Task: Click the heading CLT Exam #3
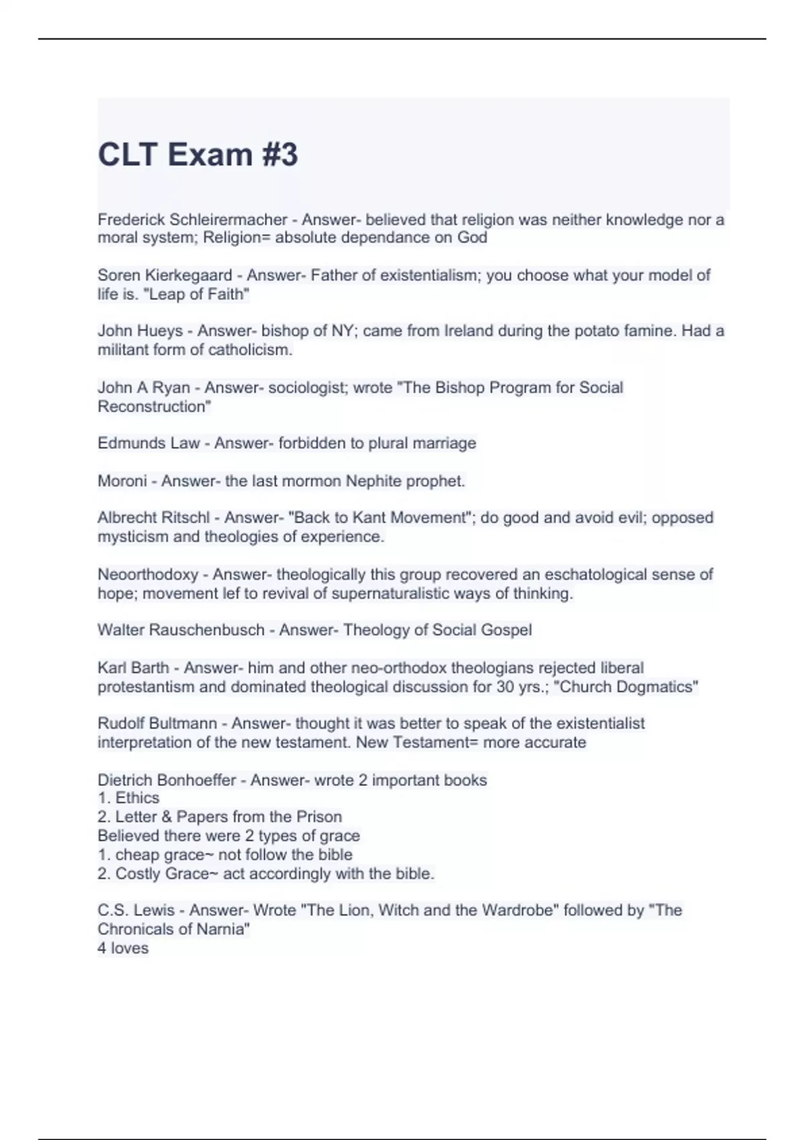[x=197, y=155]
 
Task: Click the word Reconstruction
[x=154, y=406]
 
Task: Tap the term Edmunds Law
[x=148, y=443]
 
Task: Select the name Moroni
[x=121, y=481]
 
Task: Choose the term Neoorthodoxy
[x=148, y=575]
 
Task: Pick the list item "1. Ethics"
[x=128, y=798]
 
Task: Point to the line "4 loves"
[x=123, y=948]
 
